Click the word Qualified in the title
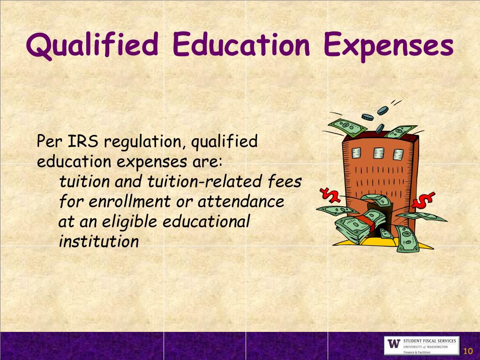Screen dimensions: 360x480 (92, 45)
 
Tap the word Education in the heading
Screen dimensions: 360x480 (241, 45)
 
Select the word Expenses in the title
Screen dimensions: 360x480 (389, 45)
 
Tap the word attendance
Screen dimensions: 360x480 (240, 202)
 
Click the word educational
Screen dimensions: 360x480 (206, 221)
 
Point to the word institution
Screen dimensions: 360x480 (99, 241)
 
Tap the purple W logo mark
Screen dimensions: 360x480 (394, 344)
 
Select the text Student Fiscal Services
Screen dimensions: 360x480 (429, 341)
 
